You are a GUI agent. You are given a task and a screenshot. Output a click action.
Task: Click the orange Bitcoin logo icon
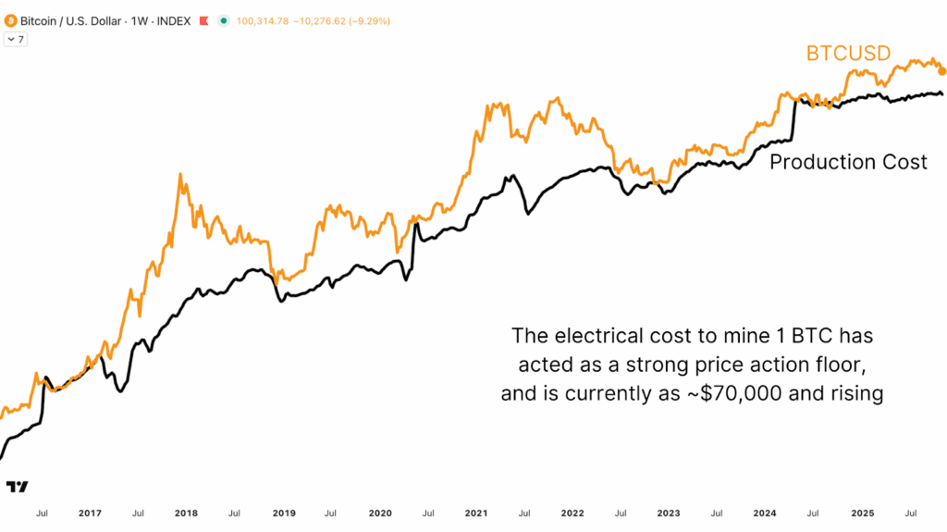pos(10,20)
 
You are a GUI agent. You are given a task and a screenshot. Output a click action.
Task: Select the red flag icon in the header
pos(203,20)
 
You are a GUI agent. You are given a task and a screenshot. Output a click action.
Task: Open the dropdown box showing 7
pos(16,40)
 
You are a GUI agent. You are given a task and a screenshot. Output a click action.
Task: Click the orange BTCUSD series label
pos(848,54)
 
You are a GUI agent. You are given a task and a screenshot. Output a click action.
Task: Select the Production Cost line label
pos(848,163)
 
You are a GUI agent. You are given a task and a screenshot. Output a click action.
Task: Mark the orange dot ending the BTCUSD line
pos(941,71)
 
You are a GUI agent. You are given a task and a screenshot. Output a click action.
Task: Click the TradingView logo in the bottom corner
pos(17,487)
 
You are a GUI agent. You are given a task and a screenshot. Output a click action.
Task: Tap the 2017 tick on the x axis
pos(90,513)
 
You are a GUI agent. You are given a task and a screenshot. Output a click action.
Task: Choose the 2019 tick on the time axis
pos(283,513)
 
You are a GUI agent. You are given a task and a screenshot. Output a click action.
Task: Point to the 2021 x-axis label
pos(476,513)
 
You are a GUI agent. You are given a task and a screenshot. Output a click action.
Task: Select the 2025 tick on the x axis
pos(862,513)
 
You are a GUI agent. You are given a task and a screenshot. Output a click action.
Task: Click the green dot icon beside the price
pos(223,20)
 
